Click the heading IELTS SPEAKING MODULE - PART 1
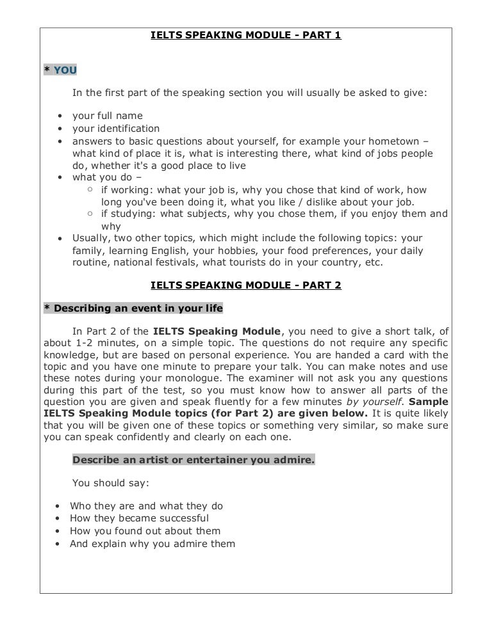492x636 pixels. click(x=245, y=36)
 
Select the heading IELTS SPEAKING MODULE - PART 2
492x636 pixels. click(x=245, y=285)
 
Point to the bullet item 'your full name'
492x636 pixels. click(x=107, y=116)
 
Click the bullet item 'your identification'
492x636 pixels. click(x=115, y=129)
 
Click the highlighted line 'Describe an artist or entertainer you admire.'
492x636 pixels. click(x=193, y=459)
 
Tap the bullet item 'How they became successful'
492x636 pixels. click(x=139, y=518)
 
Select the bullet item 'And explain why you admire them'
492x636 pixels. click(x=152, y=544)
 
